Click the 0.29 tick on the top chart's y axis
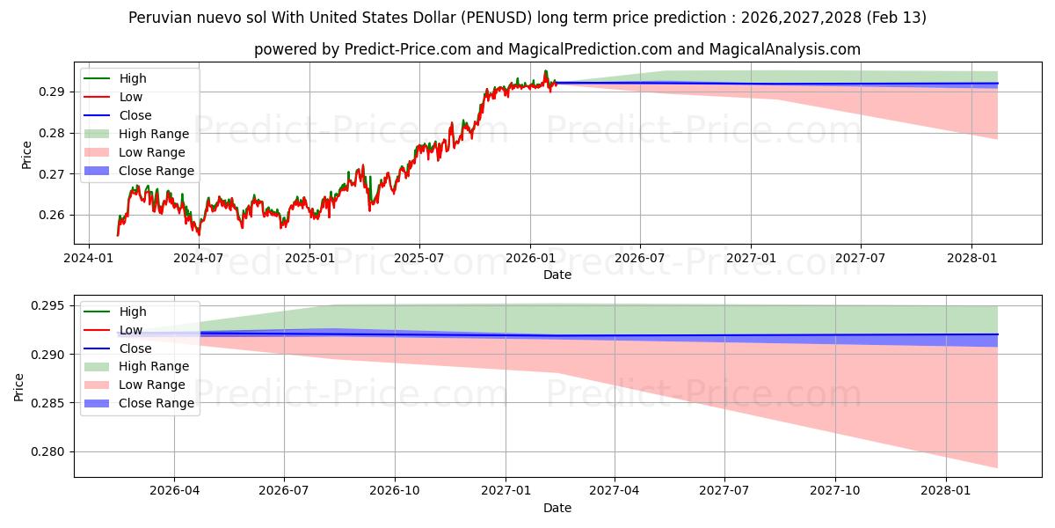53,92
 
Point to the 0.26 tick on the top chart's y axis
53,216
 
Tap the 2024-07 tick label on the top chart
199,258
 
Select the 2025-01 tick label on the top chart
309,258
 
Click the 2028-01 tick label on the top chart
971,258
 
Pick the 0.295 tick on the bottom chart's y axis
49,306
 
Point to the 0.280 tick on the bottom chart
49,452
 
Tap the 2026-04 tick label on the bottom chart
174,491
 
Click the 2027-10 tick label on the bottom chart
836,491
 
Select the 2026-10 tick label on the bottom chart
395,491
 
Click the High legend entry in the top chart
133,78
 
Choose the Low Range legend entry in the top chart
154,152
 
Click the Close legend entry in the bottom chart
135,348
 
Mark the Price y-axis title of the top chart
26,154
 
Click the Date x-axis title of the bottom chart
557,508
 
